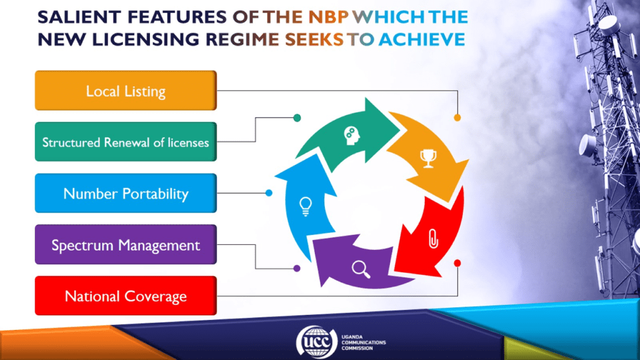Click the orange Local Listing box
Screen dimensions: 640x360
[x=126, y=91]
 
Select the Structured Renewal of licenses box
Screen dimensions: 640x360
[x=126, y=142]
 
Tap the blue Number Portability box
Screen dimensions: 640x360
[x=126, y=193]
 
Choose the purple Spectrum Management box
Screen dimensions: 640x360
[x=126, y=244]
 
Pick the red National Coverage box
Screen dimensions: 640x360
[x=126, y=296]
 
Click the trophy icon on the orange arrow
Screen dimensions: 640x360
[x=428, y=158]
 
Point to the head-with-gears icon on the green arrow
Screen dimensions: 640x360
[x=351, y=136]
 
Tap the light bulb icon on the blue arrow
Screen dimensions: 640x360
[x=305, y=206]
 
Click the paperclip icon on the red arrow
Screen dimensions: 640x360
[x=433, y=239]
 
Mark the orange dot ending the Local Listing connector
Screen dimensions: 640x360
[x=457, y=117]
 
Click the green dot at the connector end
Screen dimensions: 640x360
[x=297, y=118]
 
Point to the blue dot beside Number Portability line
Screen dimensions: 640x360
[x=269, y=192]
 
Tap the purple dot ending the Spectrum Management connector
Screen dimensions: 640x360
[x=297, y=268]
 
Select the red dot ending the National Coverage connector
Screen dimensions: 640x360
[x=457, y=263]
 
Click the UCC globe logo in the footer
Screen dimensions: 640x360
[x=317, y=342]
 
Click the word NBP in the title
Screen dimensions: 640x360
[x=329, y=17]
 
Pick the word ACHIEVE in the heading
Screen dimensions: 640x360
[x=422, y=39]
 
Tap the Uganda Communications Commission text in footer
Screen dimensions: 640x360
[x=363, y=342]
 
